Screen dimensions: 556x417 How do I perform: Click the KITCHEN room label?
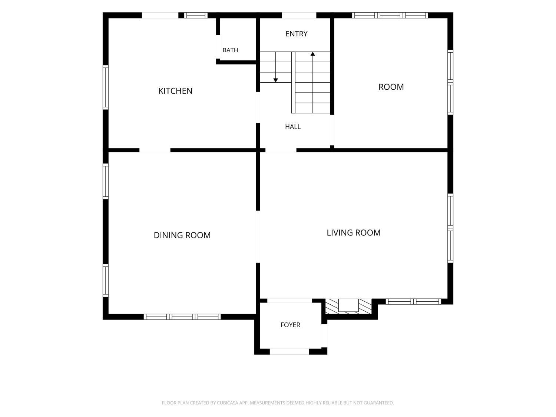[x=175, y=91]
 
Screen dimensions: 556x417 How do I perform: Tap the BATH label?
[x=230, y=50]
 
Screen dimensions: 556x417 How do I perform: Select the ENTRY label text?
[x=297, y=34]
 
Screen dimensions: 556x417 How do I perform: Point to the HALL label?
[x=293, y=127]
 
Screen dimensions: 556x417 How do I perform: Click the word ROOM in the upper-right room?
[x=391, y=87]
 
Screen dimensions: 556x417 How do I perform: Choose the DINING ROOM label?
[x=182, y=235]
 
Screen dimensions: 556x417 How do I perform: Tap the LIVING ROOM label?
[x=353, y=233]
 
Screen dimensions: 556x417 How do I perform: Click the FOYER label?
[x=290, y=325]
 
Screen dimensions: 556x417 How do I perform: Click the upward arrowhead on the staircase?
[x=312, y=54]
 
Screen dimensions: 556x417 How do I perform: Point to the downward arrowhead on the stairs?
[x=276, y=80]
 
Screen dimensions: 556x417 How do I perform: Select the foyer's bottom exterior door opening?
[x=289, y=351]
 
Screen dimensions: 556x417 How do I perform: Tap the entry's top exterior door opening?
[x=299, y=15]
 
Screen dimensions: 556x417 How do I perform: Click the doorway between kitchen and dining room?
[x=155, y=150]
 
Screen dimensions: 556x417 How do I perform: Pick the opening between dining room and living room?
[x=258, y=237]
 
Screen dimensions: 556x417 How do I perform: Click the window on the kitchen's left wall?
[x=106, y=87]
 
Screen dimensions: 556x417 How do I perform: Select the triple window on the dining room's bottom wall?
[x=182, y=317]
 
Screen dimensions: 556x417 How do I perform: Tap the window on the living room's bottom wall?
[x=413, y=301]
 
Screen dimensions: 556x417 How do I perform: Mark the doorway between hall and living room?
[x=281, y=150]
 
